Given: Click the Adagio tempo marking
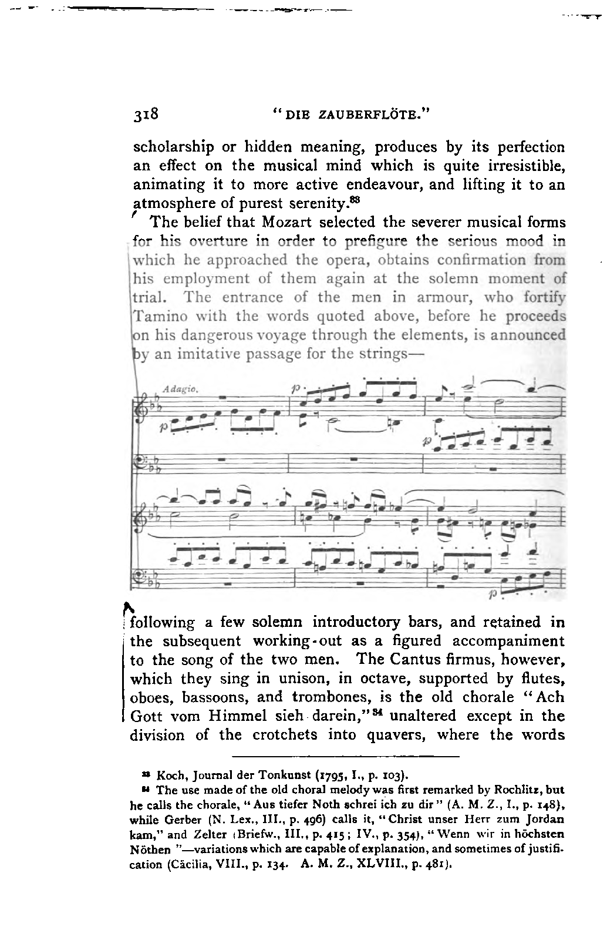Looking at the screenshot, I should [174, 390].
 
